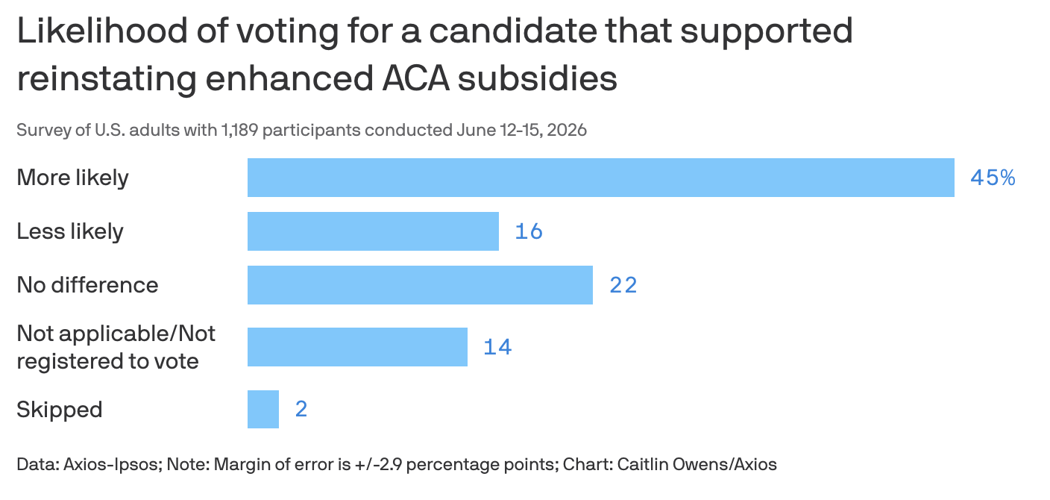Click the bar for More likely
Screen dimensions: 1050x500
tap(601, 178)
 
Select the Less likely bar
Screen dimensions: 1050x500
tap(373, 231)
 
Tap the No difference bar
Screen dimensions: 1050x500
tap(420, 285)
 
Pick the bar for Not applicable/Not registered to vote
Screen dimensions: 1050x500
tap(357, 347)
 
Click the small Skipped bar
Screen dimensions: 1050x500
tap(263, 409)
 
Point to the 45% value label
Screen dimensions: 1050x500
tap(993, 178)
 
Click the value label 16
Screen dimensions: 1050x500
tap(529, 231)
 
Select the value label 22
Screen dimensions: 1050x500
tap(623, 285)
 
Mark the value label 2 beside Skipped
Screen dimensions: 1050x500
tap(301, 409)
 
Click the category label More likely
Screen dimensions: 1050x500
tap(72, 178)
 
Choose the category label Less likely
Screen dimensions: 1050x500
tap(70, 231)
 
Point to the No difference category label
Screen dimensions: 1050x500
tap(88, 285)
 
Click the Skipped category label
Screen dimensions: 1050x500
tap(60, 410)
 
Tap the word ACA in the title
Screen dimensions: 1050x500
tap(416, 78)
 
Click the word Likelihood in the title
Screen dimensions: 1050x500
tap(103, 31)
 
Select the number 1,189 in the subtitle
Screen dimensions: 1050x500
tap(239, 130)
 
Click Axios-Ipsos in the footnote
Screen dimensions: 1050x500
tap(113, 464)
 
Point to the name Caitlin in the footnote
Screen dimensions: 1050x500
tap(643, 464)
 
